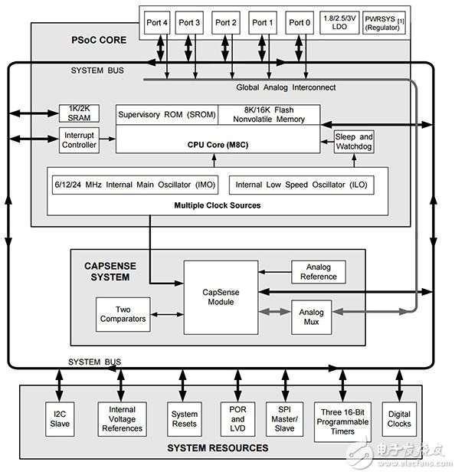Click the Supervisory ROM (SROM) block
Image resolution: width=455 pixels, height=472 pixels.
coord(167,115)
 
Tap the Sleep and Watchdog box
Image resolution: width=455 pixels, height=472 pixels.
coord(354,142)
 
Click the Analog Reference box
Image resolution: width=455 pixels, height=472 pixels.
coord(318,272)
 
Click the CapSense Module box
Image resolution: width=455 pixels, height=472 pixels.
coord(219,297)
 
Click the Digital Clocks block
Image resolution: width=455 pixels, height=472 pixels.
coord(398,418)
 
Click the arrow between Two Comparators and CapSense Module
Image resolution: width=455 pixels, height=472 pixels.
coord(166,314)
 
